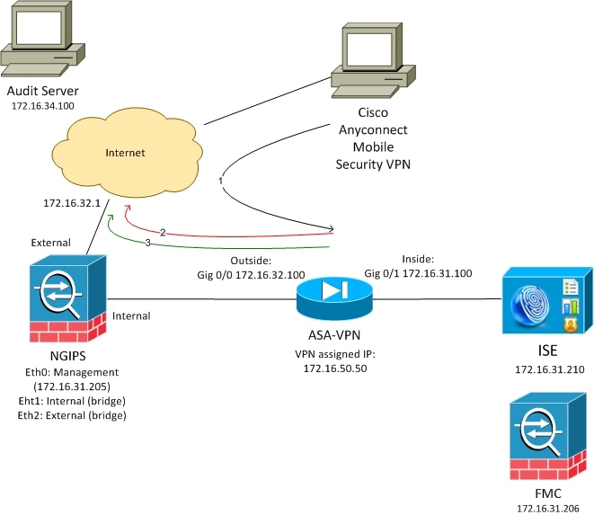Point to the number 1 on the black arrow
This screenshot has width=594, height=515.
point(220,182)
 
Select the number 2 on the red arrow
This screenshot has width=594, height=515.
point(163,232)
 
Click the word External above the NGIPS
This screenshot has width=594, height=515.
point(50,243)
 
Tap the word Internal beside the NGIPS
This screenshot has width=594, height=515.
point(133,315)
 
